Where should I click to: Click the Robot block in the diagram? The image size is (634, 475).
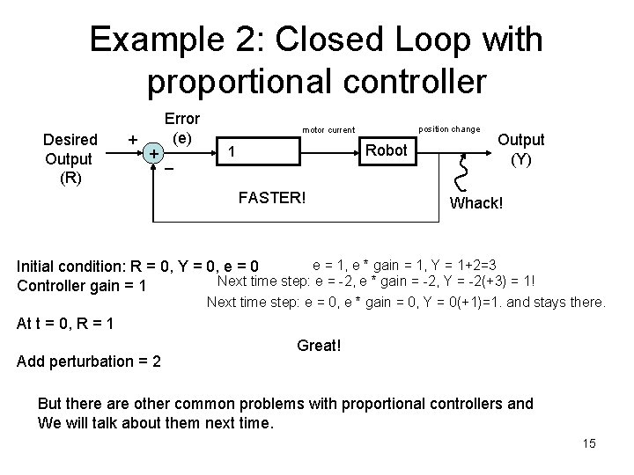[386, 150]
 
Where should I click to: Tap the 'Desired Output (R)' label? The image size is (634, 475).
[70, 159]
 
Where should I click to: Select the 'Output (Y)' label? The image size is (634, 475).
[521, 150]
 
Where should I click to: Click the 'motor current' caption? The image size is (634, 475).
[328, 130]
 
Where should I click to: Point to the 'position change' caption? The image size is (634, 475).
[448, 128]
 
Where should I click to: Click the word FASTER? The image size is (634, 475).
[273, 196]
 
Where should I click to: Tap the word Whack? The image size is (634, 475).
[476, 203]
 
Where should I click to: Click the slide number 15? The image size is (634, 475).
[589, 443]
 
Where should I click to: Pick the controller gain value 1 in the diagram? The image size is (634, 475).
[231, 150]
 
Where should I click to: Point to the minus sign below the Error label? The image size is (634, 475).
[170, 168]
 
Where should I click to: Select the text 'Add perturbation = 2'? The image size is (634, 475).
[89, 361]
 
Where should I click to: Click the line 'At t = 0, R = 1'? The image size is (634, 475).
[67, 323]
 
